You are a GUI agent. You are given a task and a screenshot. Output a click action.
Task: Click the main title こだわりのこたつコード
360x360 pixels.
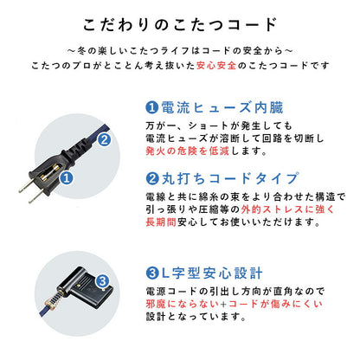[x=180, y=23]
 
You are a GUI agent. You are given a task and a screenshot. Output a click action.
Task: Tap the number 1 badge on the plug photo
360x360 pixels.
[x=66, y=181]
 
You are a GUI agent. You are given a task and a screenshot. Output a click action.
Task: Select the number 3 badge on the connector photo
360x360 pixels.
[x=102, y=280]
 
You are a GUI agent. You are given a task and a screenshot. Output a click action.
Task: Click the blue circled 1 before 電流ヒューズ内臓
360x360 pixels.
[x=151, y=108]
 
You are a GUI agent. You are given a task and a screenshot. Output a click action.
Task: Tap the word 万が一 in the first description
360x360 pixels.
[x=159, y=125]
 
